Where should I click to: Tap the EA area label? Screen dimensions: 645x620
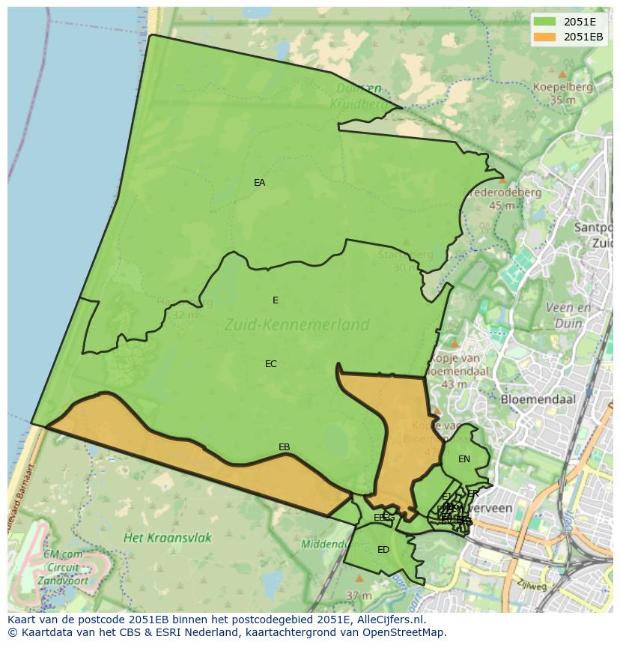coord(259,183)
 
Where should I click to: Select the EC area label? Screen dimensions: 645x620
coord(271,364)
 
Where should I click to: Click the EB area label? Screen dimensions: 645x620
coord(284,447)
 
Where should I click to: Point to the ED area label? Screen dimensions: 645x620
coord(383,550)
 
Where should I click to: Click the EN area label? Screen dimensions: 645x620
coord(464,459)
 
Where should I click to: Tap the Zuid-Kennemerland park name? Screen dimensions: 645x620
coord(297,324)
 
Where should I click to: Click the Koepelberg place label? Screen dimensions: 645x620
coord(562,87)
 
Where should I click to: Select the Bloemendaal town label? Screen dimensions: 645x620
coord(538,399)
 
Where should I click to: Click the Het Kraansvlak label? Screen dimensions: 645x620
coord(168,538)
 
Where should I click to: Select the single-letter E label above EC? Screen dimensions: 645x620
coord(276,300)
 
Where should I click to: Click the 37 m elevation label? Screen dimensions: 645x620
coord(359,596)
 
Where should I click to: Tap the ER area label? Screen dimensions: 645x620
coord(472,494)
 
